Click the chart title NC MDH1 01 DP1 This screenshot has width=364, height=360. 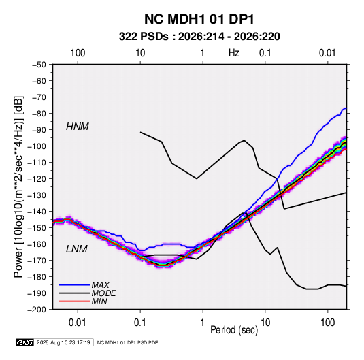pyautogui.click(x=199, y=19)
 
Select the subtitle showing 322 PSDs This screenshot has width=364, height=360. pyautogui.click(x=199, y=37)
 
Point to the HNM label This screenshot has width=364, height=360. pyautogui.click(x=78, y=127)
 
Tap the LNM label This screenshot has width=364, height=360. pyautogui.click(x=77, y=249)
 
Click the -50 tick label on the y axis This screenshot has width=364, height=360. pyautogui.click(x=39, y=65)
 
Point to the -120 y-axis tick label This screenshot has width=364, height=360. pyautogui.click(x=37, y=179)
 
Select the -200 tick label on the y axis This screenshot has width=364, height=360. pyautogui.click(x=37, y=310)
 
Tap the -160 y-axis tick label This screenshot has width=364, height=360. pyautogui.click(x=37, y=244)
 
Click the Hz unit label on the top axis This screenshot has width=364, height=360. pyautogui.click(x=234, y=53)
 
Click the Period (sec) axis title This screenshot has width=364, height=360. pyautogui.click(x=234, y=330)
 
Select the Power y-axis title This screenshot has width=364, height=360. pyautogui.click(x=18, y=186)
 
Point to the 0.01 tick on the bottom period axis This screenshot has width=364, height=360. pyautogui.click(x=78, y=323)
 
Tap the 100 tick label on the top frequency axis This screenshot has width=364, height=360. pyautogui.click(x=78, y=53)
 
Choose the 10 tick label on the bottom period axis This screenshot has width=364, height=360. pyautogui.click(x=265, y=323)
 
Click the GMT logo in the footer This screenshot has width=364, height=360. pyautogui.click(x=24, y=342)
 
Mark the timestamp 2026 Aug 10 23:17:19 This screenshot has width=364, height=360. pyautogui.click(x=63, y=342)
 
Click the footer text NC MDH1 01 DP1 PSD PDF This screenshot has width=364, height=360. pyautogui.click(x=127, y=343)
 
